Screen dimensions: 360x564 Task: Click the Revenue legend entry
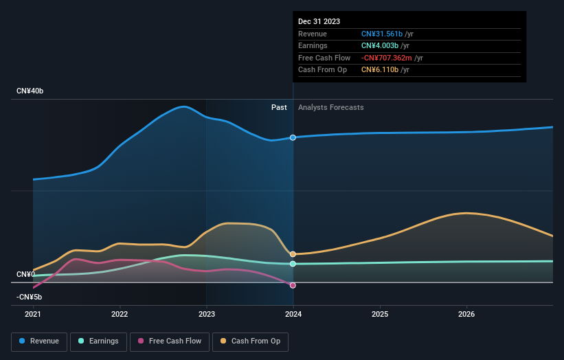pyautogui.click(x=39, y=341)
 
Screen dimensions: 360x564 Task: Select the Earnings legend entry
pyautogui.click(x=98, y=341)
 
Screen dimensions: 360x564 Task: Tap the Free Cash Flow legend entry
pyautogui.click(x=168, y=341)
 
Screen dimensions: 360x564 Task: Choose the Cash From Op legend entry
pyautogui.click(x=251, y=341)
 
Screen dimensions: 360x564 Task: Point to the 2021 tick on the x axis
pyautogui.click(x=33, y=315)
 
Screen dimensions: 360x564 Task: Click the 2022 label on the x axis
pyautogui.click(x=120, y=315)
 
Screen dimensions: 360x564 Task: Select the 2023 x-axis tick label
pyautogui.click(x=206, y=315)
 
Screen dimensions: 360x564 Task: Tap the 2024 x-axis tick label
pyautogui.click(x=293, y=315)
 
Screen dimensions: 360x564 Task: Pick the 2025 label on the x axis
pyautogui.click(x=380, y=315)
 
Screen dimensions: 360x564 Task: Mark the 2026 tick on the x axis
pyautogui.click(x=466, y=315)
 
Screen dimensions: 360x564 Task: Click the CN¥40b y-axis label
pyautogui.click(x=30, y=91)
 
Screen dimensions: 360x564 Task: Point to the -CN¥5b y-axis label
pyautogui.click(x=30, y=297)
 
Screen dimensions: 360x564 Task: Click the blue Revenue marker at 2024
pyautogui.click(x=293, y=137)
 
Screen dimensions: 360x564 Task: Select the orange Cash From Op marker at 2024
pyautogui.click(x=293, y=254)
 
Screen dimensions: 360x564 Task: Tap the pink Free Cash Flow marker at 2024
pyautogui.click(x=293, y=285)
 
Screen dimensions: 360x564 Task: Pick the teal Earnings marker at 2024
pyautogui.click(x=293, y=264)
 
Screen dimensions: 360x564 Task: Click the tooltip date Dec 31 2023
pyautogui.click(x=319, y=22)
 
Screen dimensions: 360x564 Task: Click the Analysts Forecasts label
pyautogui.click(x=330, y=107)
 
